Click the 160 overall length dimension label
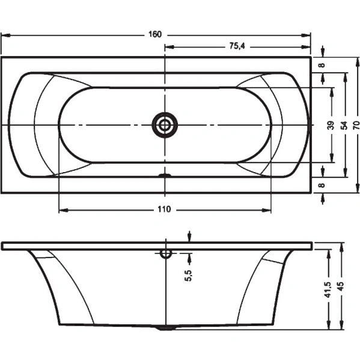155,34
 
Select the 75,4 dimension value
237,46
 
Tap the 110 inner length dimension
164,209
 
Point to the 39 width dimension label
331,125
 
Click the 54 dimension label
344,126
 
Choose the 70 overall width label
356,125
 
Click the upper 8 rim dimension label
322,65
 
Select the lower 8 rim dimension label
322,185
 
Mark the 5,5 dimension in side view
188,276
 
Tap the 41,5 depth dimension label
328,289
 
